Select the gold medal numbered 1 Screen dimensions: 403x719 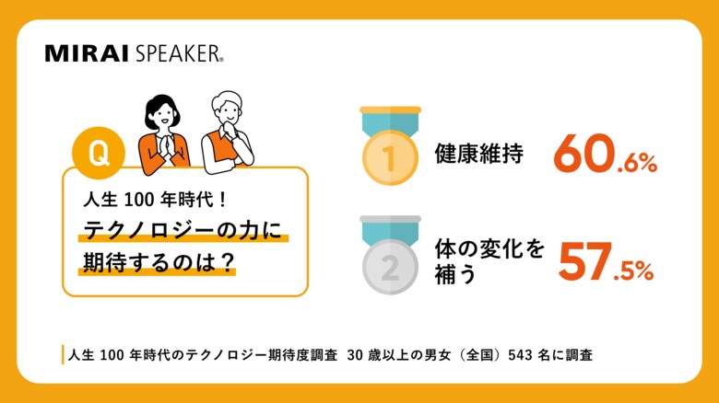[x=389, y=156]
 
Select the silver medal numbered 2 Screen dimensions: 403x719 [x=389, y=266]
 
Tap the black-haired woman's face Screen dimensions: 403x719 [x=159, y=115]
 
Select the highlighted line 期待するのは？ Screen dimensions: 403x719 [x=156, y=261]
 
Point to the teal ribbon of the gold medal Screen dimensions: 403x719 [x=389, y=122]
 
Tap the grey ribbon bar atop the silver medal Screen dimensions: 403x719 [x=389, y=220]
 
